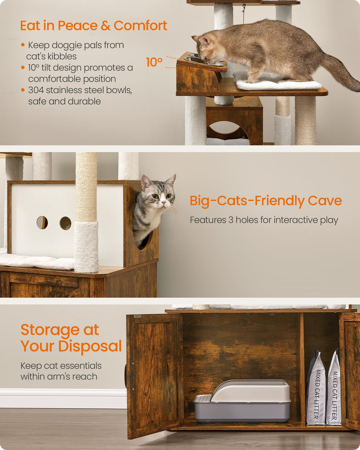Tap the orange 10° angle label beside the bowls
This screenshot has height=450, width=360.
click(x=154, y=62)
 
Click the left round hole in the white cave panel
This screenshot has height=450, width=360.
click(x=42, y=223)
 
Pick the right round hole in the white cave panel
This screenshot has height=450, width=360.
click(x=66, y=223)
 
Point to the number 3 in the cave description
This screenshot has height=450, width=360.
click(x=231, y=220)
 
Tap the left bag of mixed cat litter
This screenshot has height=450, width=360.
click(x=316, y=388)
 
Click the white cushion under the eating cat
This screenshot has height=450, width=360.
click(x=279, y=85)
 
